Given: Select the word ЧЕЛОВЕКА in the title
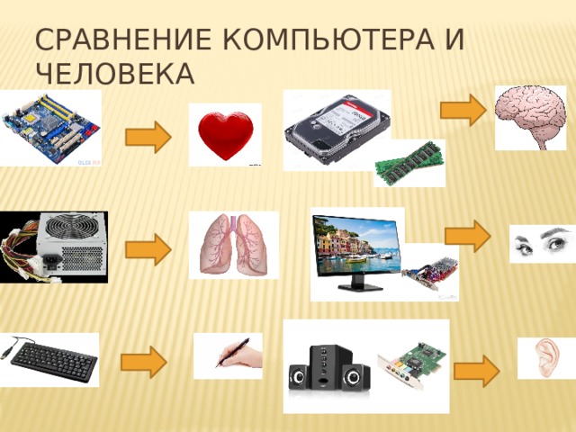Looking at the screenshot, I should [113, 75].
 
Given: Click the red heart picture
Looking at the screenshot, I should [224, 136].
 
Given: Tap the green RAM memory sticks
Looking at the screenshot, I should [409, 163].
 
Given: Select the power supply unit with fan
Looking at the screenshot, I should [54, 247].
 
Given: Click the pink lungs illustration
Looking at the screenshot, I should [233, 245].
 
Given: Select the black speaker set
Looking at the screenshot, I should [329, 370].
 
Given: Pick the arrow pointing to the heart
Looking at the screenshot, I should [148, 138].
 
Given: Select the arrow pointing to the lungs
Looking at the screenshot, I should [148, 249].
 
